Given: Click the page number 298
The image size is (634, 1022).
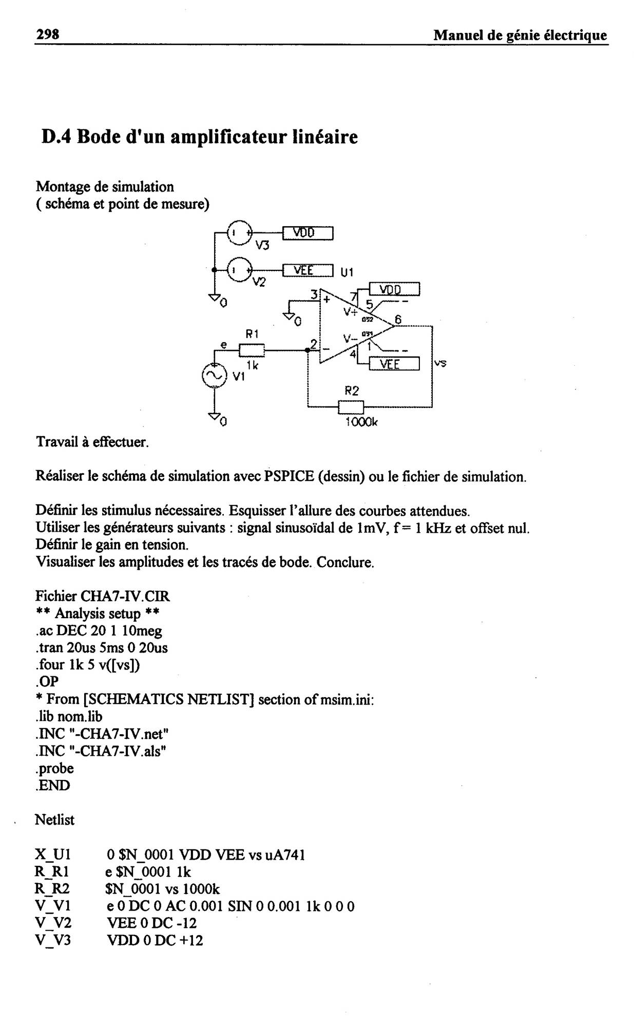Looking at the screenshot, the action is point(47,34).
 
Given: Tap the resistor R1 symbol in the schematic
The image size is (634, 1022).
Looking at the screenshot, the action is point(252,351).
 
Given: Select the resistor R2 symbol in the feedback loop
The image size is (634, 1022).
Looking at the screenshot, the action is point(351,407).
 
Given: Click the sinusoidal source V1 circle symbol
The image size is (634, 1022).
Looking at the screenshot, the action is point(215,376).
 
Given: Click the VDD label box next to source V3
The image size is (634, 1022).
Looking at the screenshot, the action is point(308,233).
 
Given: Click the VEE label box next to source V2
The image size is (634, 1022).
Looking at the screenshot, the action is point(308,270).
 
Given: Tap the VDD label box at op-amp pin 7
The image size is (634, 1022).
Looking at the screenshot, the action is point(394,289).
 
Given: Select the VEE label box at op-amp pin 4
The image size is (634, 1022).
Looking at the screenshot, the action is point(394,364).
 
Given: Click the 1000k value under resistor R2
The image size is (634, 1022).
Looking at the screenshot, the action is point(361,422).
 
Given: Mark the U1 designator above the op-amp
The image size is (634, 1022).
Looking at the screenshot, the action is point(348,271).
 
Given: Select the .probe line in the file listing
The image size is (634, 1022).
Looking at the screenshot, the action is point(54,769).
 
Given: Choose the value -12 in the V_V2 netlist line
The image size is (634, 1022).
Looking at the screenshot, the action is point(188,923).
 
